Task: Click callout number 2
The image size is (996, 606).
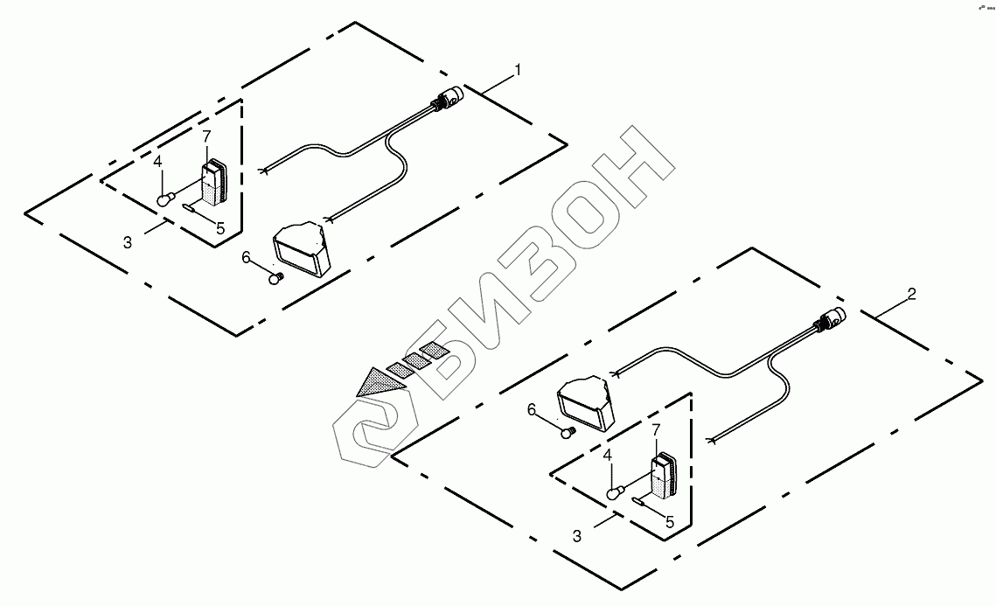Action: [911, 295]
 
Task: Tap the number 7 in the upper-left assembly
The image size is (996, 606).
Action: [206, 136]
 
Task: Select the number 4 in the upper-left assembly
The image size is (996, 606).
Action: [157, 162]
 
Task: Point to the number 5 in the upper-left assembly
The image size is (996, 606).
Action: [220, 228]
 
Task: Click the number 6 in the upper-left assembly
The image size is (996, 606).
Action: [247, 257]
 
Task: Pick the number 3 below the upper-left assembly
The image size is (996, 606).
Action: [128, 242]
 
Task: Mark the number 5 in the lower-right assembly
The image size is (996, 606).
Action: [669, 522]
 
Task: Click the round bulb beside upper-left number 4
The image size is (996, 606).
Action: [164, 200]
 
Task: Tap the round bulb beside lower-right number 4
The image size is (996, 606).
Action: [616, 493]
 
